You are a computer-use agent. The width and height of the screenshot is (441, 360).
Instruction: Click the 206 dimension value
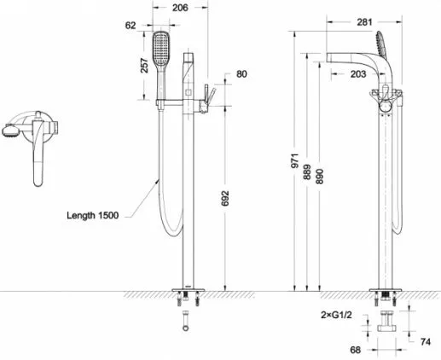pyautogui.click(x=180, y=8)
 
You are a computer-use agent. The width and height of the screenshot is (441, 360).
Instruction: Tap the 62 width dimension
pyautogui.click(x=131, y=26)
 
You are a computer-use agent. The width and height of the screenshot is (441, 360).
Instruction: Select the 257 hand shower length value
pyautogui.click(x=145, y=66)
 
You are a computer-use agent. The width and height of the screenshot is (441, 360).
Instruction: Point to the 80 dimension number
pyautogui.click(x=241, y=74)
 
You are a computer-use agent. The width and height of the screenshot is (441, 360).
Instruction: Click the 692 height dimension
pyautogui.click(x=225, y=198)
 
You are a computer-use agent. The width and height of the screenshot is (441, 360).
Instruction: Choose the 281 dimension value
pyautogui.click(x=364, y=22)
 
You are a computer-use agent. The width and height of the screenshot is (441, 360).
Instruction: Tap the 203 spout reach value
pyautogui.click(x=358, y=74)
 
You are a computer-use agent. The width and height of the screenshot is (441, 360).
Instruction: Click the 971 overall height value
pyautogui.click(x=295, y=160)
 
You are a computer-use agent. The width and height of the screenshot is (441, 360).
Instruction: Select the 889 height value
pyautogui.click(x=307, y=172)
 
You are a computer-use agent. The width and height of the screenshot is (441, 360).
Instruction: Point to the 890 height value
pyautogui.click(x=320, y=177)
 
